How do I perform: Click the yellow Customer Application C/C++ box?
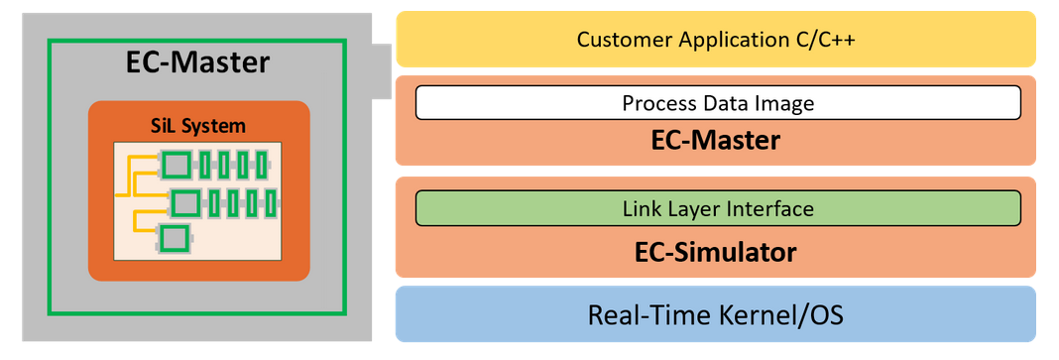point(715,40)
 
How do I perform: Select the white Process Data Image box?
point(718,103)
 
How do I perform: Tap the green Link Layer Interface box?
point(718,208)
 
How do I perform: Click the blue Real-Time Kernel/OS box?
point(715,314)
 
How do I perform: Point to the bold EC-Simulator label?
point(715,253)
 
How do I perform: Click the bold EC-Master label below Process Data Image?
point(715,141)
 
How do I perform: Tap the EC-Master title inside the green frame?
point(198,62)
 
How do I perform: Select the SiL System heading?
point(198,126)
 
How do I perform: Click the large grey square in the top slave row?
point(176,164)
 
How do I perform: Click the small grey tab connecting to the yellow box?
point(382,71)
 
